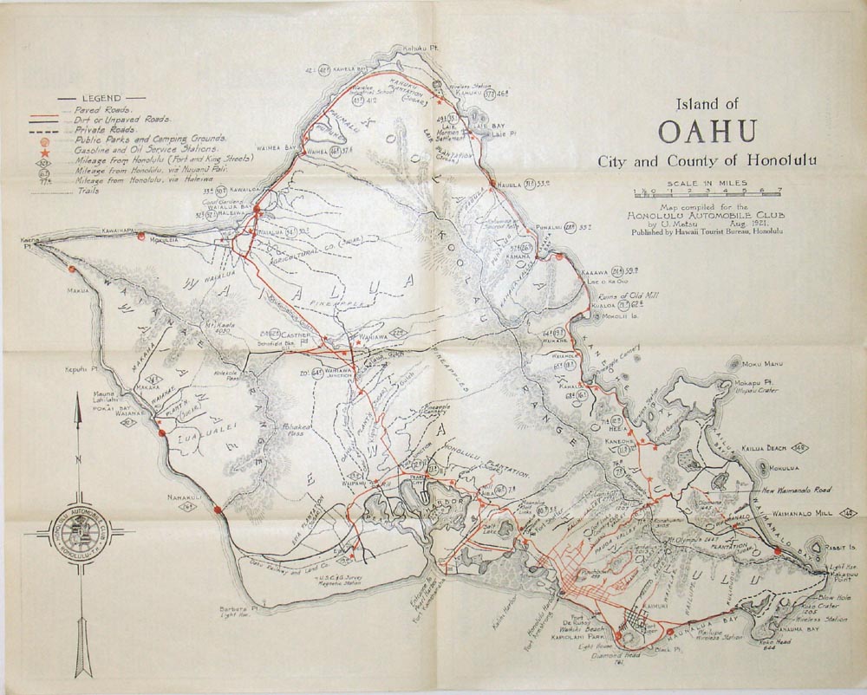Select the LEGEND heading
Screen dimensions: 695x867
tap(101, 99)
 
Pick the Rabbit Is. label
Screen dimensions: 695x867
tap(842, 548)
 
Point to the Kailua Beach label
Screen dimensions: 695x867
tap(763, 448)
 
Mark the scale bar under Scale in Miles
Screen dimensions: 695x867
tap(707, 192)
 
